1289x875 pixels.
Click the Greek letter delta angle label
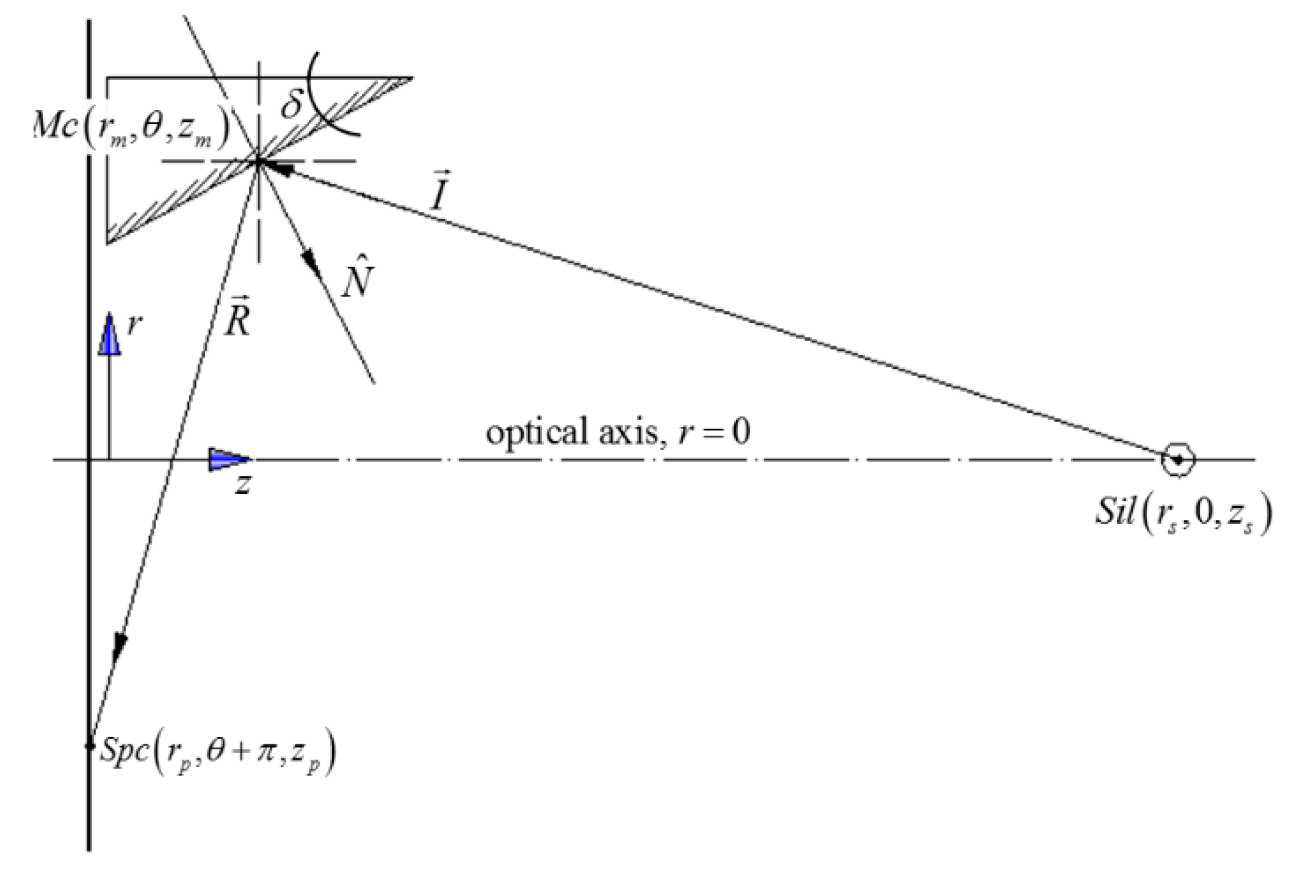[x=292, y=104]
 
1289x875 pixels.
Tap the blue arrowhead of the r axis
[x=110, y=334]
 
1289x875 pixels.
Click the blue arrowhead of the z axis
[x=229, y=459]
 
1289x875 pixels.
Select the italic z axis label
[x=242, y=484]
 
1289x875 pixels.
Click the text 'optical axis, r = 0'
[x=618, y=433]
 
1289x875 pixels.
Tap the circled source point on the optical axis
[x=1178, y=459]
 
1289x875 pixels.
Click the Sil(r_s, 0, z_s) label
[x=1182, y=515]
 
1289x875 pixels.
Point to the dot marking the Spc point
[x=90, y=746]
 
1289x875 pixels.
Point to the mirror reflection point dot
[x=259, y=161]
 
